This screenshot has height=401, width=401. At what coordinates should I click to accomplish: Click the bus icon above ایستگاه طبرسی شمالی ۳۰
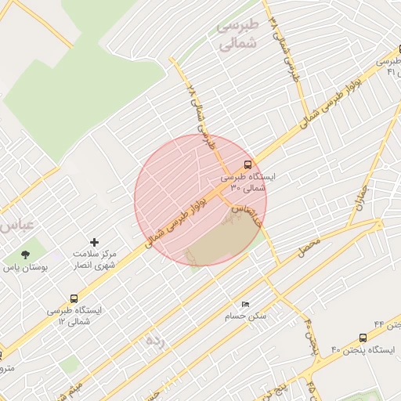pyautogui.click(x=248, y=164)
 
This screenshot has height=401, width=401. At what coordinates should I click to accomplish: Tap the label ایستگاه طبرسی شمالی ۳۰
pyautogui.click(x=248, y=182)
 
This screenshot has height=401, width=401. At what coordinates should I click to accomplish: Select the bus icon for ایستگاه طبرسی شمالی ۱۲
pyautogui.click(x=74, y=298)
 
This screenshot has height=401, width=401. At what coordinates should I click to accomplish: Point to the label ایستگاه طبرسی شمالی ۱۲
pyautogui.click(x=74, y=316)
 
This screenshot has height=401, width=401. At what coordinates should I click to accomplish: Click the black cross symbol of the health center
pyautogui.click(x=95, y=243)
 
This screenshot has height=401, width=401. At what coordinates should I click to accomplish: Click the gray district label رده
pyautogui.click(x=155, y=341)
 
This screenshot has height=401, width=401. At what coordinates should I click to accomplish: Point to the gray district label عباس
pyautogui.click(x=17, y=226)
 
